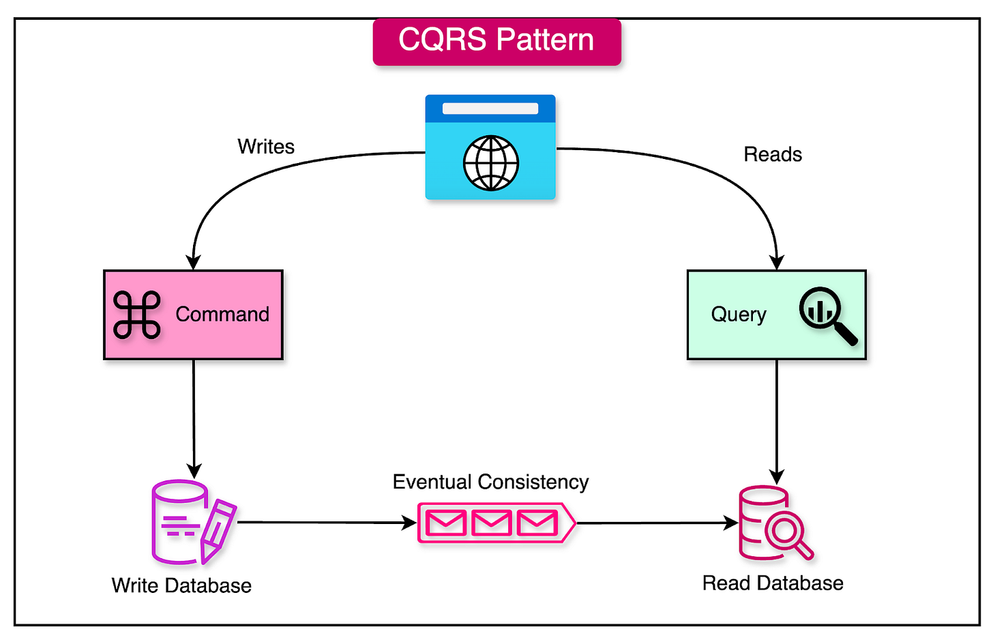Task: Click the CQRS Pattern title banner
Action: click(x=496, y=41)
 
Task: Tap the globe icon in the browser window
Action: click(x=490, y=164)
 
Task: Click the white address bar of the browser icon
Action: click(x=490, y=108)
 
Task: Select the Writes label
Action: click(x=266, y=147)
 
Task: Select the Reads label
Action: click(x=772, y=155)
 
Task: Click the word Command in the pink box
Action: click(x=222, y=315)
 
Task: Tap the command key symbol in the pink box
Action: click(x=137, y=315)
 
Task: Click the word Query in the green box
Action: click(x=739, y=315)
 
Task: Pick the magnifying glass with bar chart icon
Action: click(x=827, y=315)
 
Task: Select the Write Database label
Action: click(x=181, y=585)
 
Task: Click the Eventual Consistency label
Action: click(x=490, y=482)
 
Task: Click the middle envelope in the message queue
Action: click(x=491, y=523)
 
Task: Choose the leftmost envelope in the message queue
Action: click(x=446, y=523)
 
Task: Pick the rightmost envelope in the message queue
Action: click(x=537, y=523)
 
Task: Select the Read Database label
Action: click(x=773, y=583)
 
